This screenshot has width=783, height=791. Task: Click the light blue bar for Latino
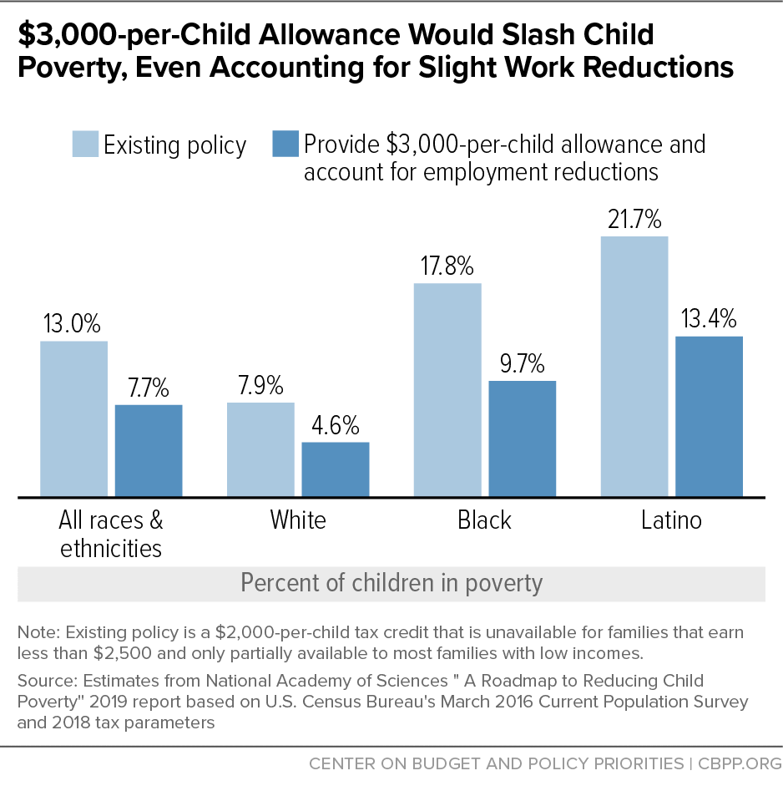coord(634,367)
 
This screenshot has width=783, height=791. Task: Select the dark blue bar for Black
coord(523,439)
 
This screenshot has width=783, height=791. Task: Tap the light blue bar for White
coord(260,450)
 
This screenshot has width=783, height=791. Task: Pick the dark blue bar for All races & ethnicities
coord(149,451)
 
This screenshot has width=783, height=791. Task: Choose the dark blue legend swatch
coord(285,144)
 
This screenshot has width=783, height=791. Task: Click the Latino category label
coord(671,520)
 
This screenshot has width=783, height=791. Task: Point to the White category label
coord(298,520)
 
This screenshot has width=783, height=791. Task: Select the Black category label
coord(484,520)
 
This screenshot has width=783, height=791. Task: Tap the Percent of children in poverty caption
coord(391,582)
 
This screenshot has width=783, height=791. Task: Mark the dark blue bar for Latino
coord(709,417)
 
